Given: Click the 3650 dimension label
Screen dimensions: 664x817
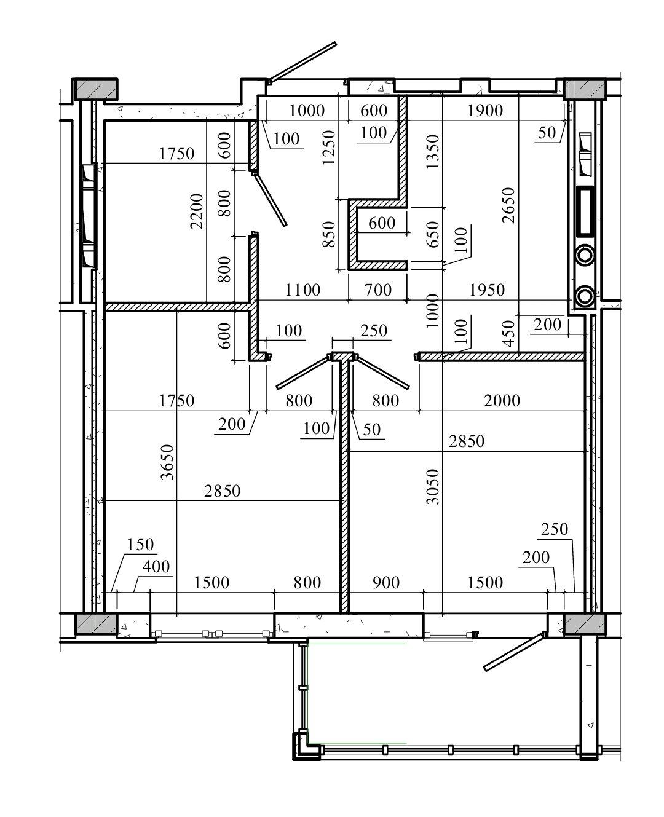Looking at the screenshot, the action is pos(168,462).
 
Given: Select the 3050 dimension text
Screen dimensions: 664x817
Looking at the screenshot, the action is pos(433,486).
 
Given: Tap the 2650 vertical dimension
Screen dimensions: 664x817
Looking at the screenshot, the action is pos(508,205).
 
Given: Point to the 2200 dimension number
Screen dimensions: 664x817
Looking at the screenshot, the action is pos(197,211).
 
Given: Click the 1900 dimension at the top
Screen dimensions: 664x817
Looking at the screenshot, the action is pos(485,111).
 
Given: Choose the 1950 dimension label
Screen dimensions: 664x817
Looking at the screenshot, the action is pos(487,290).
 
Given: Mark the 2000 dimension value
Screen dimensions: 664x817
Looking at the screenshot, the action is pos(502,401).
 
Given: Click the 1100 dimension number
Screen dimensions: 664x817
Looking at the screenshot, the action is pos(302,290).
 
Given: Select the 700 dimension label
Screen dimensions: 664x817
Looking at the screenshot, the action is pos(378,290).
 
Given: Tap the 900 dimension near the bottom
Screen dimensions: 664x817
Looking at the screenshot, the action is pos(386,583).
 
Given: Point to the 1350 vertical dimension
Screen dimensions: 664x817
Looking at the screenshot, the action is pos(433,152).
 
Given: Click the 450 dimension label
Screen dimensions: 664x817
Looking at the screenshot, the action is pos(508,333).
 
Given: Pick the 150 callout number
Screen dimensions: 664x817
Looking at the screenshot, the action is pos(140,545).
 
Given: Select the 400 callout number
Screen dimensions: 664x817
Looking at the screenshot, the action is pos(156,567).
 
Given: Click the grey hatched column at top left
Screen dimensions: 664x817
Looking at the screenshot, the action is pos(96,89).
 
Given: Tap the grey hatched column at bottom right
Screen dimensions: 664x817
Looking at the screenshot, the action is pos(585,623).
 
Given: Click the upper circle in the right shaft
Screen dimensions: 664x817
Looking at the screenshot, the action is pos(585,255).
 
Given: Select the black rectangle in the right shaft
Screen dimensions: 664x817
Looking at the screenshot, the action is pos(585,211).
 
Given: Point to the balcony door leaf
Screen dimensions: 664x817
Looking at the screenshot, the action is pos(515,652).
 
